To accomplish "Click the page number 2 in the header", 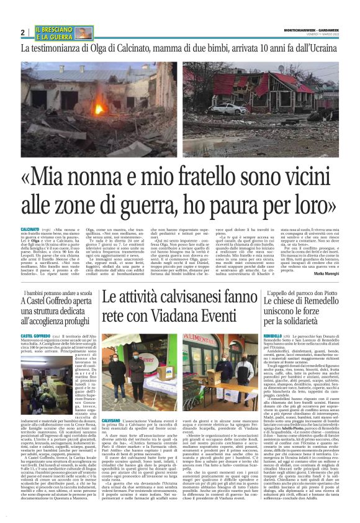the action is (23, 32).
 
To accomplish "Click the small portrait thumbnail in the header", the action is (85, 32).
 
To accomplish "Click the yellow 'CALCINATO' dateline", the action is (30, 229).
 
